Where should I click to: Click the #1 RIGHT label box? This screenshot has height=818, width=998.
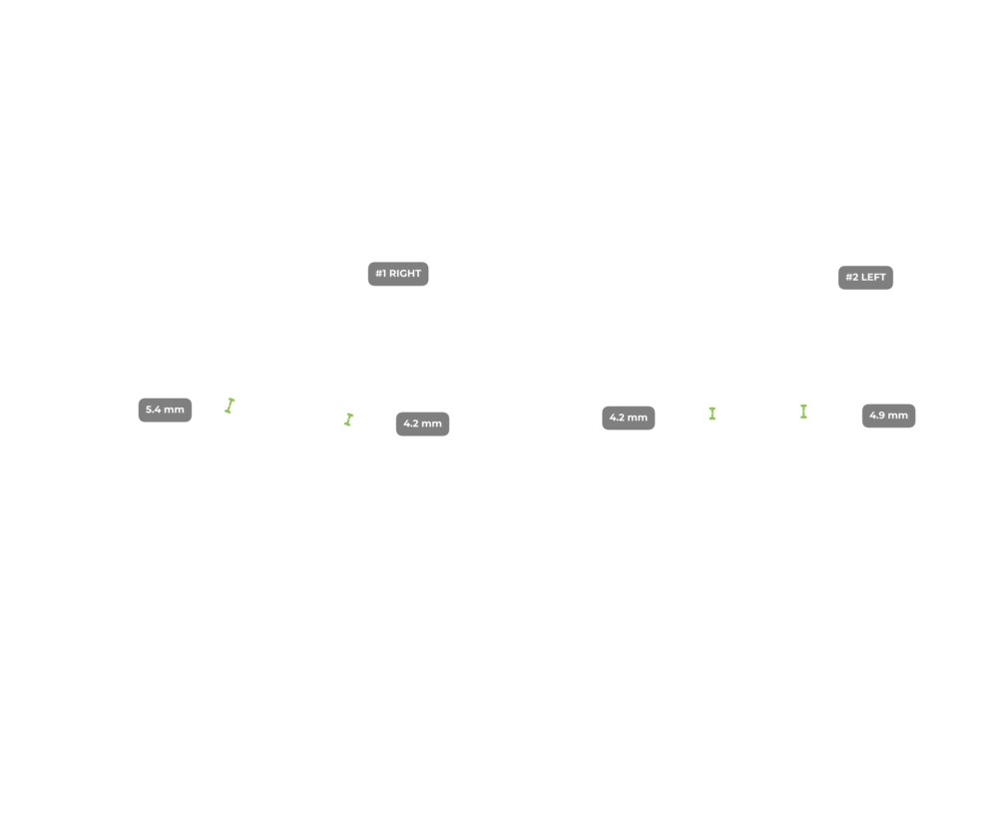[x=398, y=274]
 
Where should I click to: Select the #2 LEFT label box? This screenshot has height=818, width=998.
[x=865, y=278]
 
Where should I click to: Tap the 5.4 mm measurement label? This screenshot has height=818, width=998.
[x=165, y=409]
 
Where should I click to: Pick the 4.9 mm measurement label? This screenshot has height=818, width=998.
[x=888, y=415]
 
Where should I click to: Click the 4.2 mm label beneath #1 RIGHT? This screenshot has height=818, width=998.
[x=422, y=423]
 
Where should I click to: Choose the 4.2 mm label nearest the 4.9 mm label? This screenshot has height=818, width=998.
[x=629, y=417]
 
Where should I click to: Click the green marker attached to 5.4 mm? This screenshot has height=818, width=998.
[x=230, y=405]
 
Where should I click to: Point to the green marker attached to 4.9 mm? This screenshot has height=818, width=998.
[x=803, y=410]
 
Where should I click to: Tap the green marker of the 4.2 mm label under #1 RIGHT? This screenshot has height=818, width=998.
[x=348, y=419]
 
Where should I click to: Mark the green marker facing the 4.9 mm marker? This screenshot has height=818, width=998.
[x=713, y=412]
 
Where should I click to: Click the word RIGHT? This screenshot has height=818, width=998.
[x=405, y=274]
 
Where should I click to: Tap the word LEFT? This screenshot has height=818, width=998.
[x=873, y=278]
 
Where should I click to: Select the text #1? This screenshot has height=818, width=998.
[x=380, y=274]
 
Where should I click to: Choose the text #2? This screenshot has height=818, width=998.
[x=851, y=278]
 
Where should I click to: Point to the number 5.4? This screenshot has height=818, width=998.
[x=154, y=409]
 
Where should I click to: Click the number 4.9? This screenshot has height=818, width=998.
[x=877, y=415]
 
